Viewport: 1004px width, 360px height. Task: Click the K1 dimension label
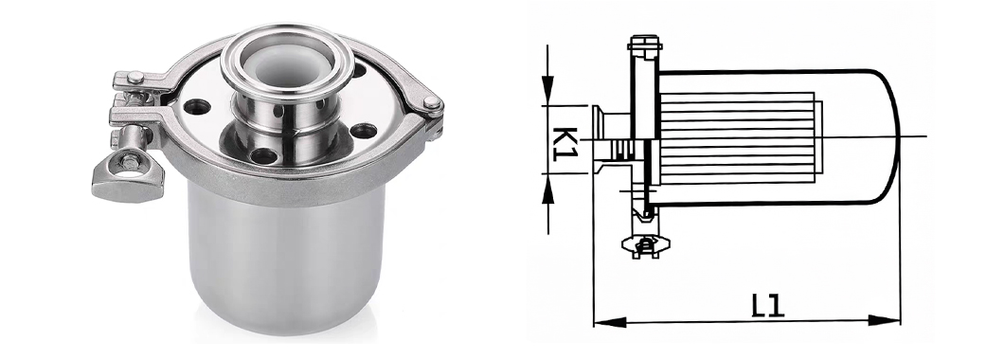565,143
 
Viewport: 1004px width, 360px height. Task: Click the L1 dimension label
766,306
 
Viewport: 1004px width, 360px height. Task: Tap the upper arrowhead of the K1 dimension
547,90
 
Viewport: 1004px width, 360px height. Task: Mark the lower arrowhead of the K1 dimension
547,189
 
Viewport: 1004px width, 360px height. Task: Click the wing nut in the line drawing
645,243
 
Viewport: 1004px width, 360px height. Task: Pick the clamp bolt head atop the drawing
643,44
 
